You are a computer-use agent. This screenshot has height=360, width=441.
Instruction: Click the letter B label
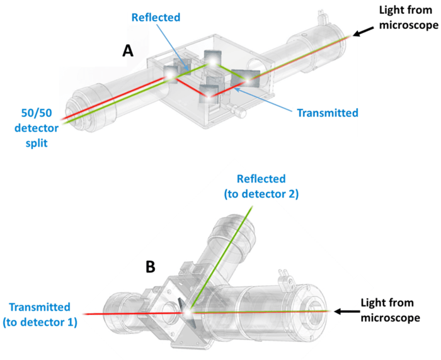pyautogui.click(x=151, y=267)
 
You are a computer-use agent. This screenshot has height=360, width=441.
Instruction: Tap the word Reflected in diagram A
pyautogui.click(x=156, y=17)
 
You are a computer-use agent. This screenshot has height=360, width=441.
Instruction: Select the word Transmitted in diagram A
pyautogui.click(x=328, y=113)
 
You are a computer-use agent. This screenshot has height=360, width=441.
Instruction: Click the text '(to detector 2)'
pyautogui.click(x=261, y=194)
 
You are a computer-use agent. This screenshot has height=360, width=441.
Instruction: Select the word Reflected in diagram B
pyautogui.click(x=261, y=179)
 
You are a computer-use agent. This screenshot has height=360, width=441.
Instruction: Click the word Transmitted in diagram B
pyautogui.click(x=39, y=307)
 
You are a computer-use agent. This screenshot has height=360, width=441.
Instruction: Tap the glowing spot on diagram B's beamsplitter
pyautogui.click(x=186, y=312)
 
